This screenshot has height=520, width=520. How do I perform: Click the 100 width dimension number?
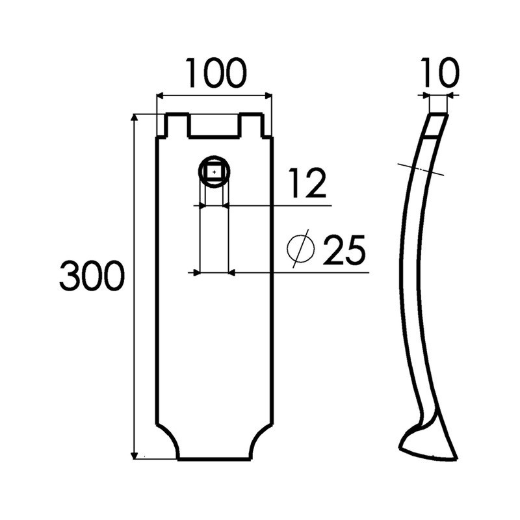216,73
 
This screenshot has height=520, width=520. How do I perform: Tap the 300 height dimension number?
92,276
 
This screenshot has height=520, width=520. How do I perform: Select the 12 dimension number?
307,183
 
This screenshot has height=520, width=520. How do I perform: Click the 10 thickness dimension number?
440,73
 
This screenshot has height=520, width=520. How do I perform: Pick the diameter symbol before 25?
301,248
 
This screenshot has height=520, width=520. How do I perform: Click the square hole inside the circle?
214,172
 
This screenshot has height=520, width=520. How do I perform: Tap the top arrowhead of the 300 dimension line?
135,118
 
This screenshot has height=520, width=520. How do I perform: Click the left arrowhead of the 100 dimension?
161,96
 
